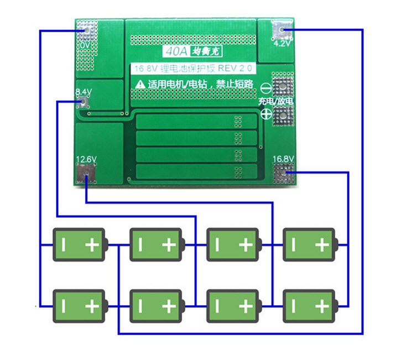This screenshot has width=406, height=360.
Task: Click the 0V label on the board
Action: coord(85,44)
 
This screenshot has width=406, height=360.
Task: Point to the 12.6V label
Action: coord(86,159)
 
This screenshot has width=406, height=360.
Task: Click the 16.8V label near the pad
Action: coord(283,159)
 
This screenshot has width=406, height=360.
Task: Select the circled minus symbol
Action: coord(266,88)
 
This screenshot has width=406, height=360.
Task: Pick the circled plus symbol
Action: coord(266,114)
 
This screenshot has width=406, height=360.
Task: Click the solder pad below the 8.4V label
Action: coord(85,101)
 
